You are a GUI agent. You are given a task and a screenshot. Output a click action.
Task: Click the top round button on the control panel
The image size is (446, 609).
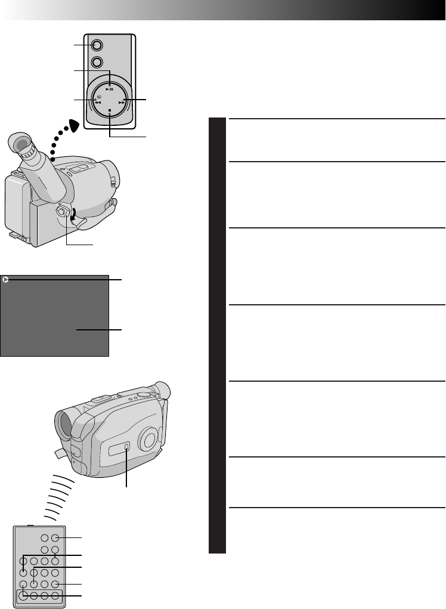[97, 44]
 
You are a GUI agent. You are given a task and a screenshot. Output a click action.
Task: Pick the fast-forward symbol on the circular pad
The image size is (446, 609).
[122, 102]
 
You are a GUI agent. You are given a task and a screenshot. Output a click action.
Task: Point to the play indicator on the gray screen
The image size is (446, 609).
[5, 279]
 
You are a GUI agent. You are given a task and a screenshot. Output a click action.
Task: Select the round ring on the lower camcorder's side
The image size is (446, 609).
[147, 440]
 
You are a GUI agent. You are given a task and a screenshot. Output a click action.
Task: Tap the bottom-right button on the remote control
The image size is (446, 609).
[55, 595]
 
